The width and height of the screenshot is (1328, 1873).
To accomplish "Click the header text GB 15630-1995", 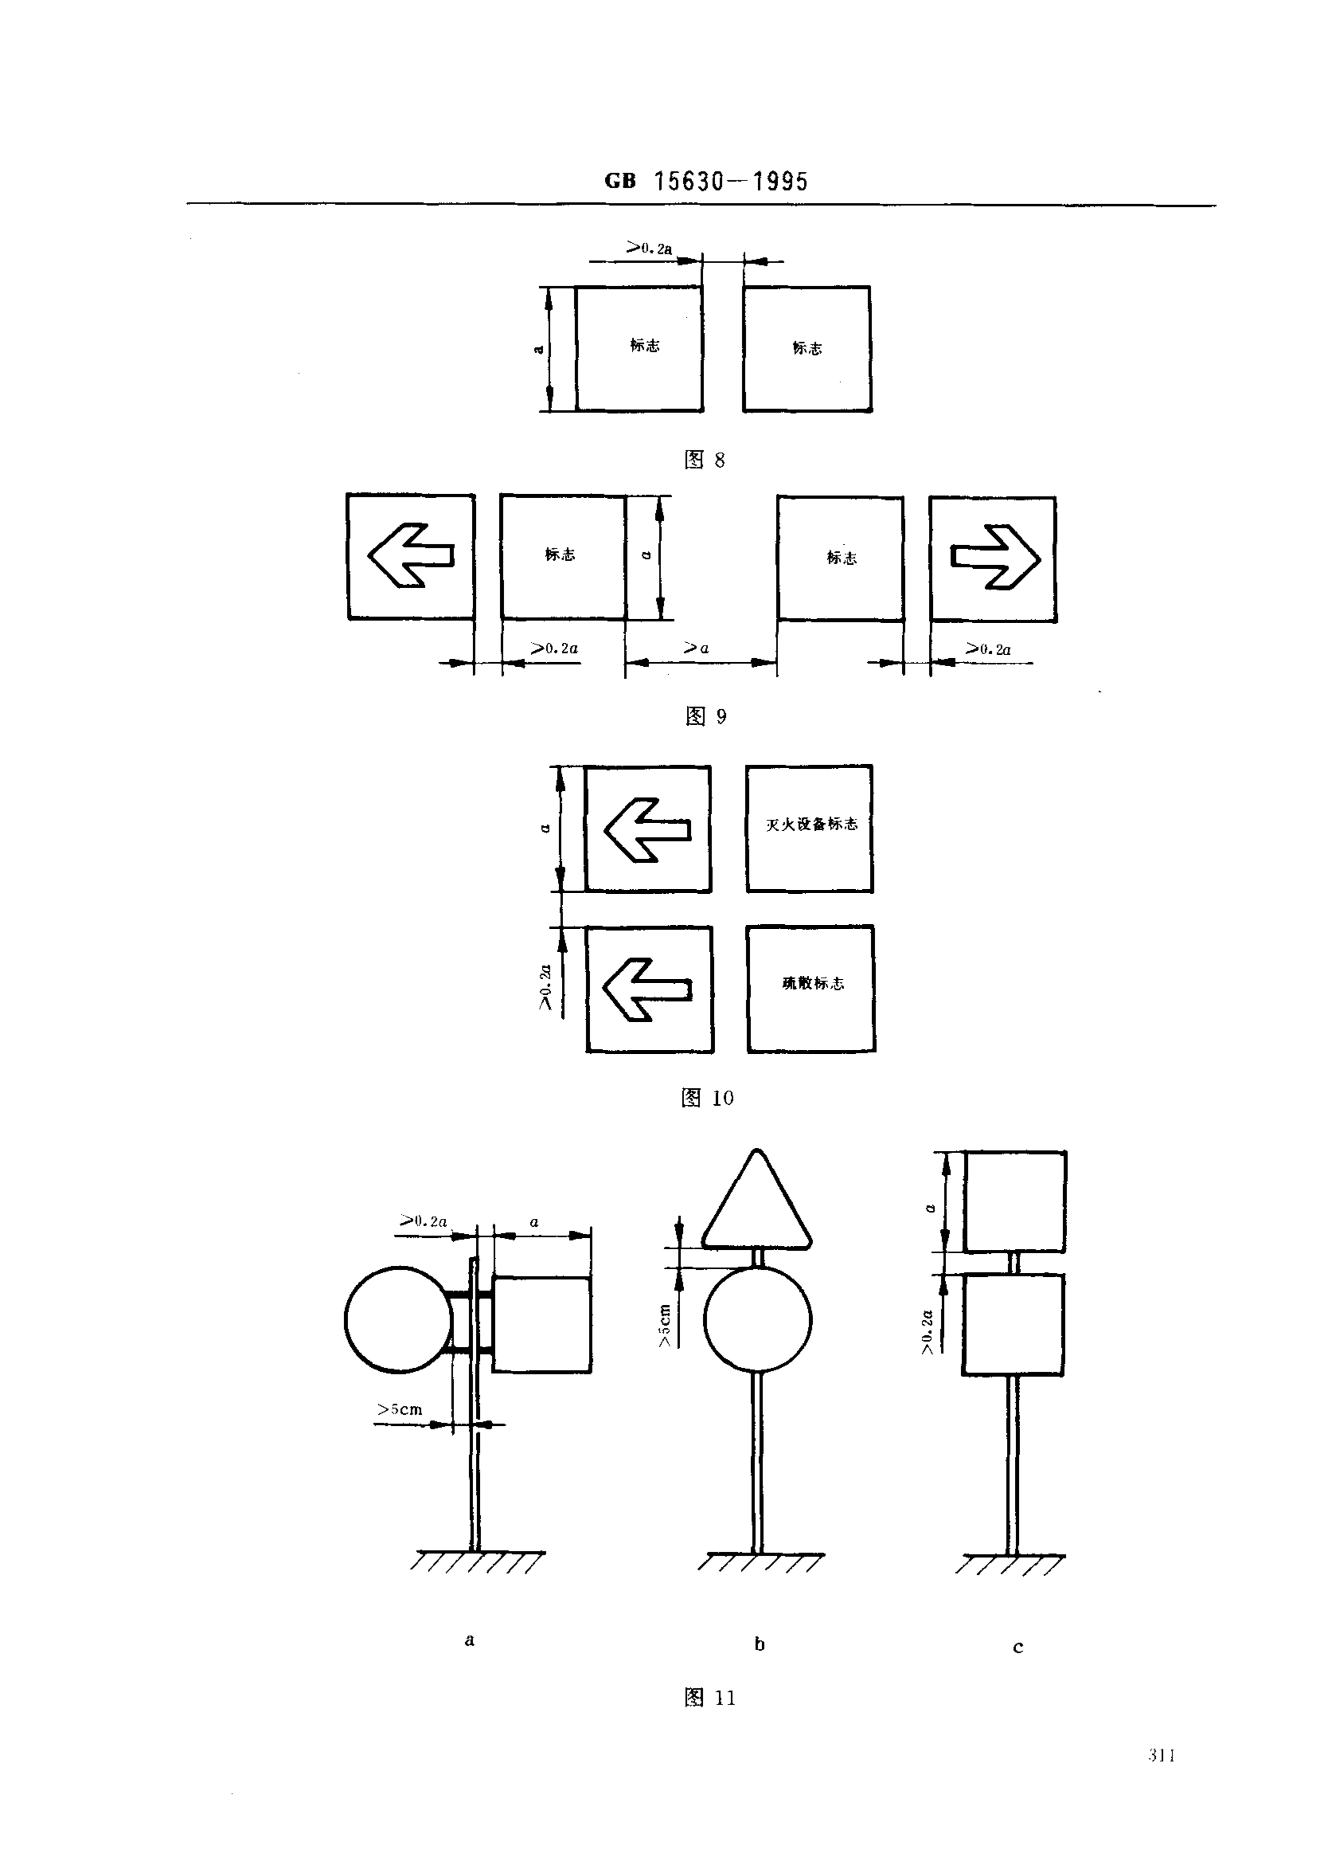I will click(x=706, y=181).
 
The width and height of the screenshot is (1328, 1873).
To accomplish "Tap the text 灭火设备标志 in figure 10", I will click(x=811, y=824).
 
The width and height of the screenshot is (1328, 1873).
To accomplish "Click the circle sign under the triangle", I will click(x=757, y=1319).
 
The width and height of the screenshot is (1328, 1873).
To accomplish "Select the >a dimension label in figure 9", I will click(x=696, y=649).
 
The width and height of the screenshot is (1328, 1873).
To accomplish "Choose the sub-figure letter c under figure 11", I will click(x=1018, y=1647).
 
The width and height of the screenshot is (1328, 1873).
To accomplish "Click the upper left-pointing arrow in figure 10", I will click(x=647, y=829).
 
